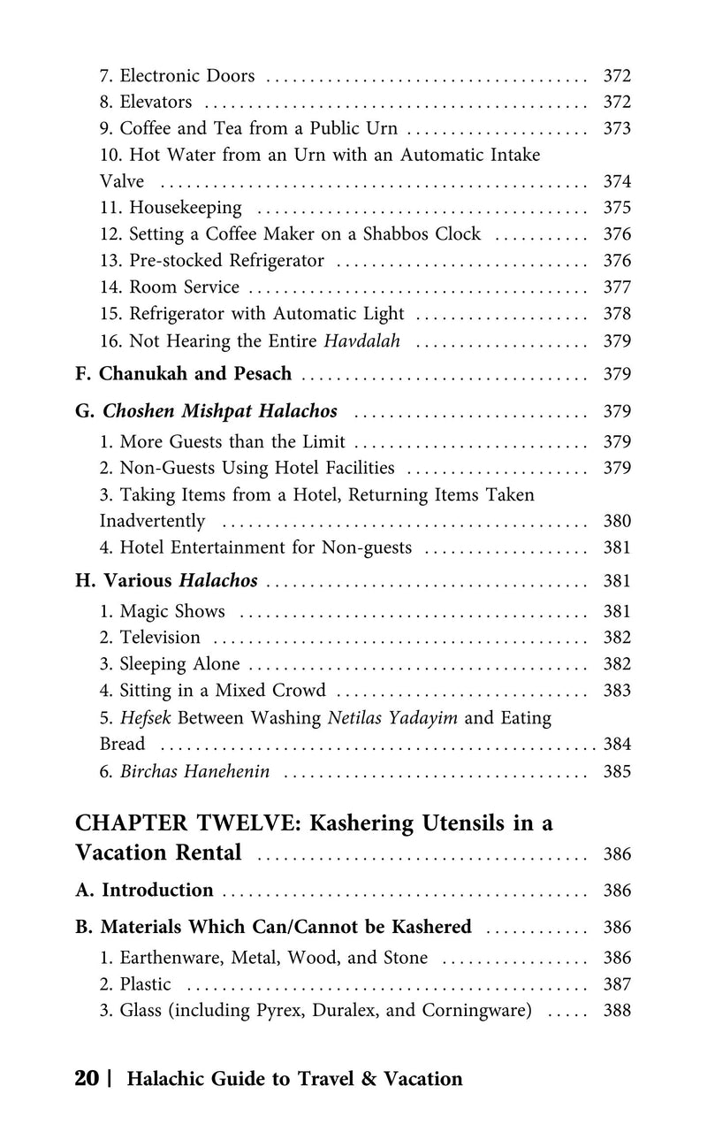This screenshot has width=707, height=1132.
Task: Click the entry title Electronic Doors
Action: (187, 75)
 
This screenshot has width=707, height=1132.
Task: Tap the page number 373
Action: (616, 128)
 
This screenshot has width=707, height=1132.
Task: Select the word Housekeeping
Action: (185, 208)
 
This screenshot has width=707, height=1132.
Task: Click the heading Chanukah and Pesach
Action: (194, 373)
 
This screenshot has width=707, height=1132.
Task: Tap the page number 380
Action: (616, 521)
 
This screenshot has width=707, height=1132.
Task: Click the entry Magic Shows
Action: (172, 611)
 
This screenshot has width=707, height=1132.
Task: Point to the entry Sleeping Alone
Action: (179, 664)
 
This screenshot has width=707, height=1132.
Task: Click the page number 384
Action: (616, 745)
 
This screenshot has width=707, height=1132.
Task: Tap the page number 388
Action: (616, 1011)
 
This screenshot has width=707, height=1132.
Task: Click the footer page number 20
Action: (87, 1079)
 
